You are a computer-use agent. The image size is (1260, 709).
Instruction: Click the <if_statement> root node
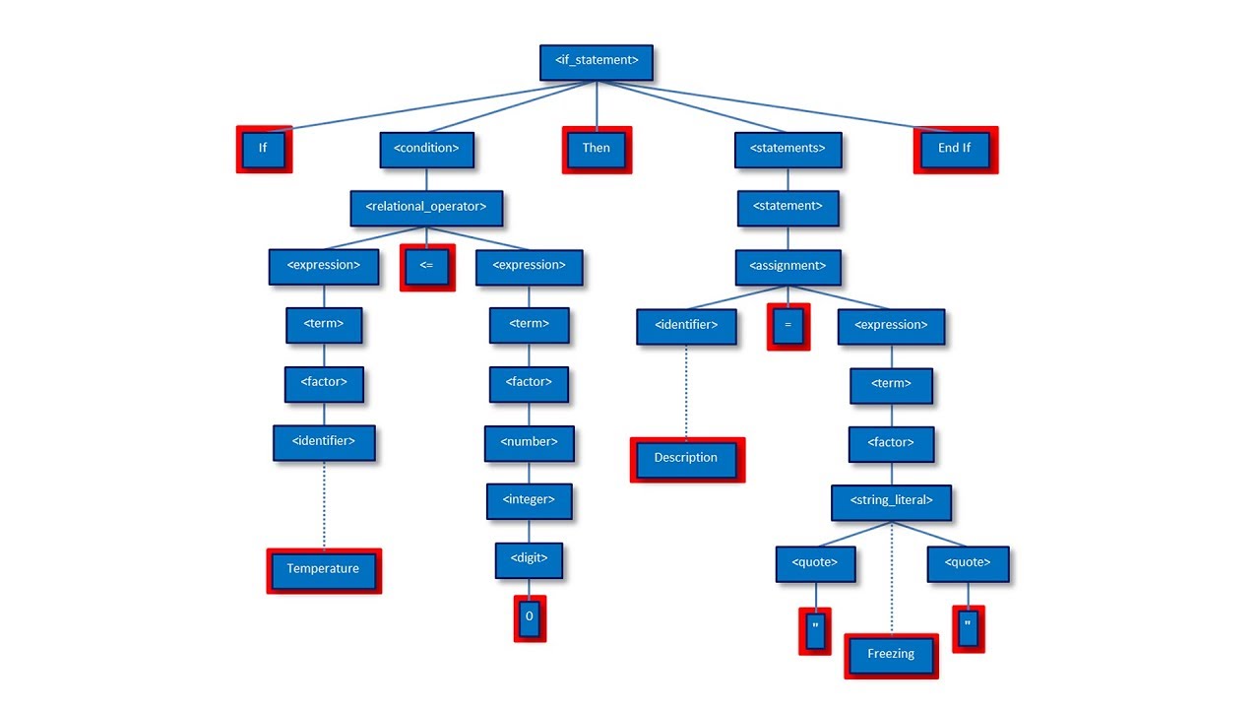(x=597, y=61)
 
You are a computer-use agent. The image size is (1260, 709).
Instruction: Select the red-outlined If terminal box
(x=264, y=149)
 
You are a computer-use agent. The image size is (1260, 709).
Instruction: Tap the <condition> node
(x=426, y=149)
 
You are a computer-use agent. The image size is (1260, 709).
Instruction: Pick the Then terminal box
(x=597, y=149)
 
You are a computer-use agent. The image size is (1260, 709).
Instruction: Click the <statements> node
(x=787, y=149)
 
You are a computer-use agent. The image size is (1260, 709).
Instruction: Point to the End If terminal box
(x=955, y=149)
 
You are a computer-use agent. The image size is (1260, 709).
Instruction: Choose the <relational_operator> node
(x=426, y=208)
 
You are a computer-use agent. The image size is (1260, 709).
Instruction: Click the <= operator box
(x=427, y=267)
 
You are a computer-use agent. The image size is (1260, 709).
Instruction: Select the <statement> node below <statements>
(x=787, y=207)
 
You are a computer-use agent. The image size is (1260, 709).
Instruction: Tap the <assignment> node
(x=787, y=266)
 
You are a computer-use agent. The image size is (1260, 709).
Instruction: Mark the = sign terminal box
(x=788, y=326)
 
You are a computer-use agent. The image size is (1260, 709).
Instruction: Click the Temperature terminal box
(x=323, y=570)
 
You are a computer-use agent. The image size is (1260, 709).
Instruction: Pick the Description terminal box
(x=686, y=459)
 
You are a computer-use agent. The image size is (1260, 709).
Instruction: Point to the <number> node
(x=530, y=443)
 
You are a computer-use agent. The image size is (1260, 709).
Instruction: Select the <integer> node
(x=530, y=501)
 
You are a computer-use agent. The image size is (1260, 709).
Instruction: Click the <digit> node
(x=530, y=560)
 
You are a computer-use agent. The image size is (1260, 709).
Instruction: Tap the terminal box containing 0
(x=530, y=617)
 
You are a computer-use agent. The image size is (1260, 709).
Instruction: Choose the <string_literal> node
(x=892, y=501)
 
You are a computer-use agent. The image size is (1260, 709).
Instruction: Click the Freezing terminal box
(x=891, y=655)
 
